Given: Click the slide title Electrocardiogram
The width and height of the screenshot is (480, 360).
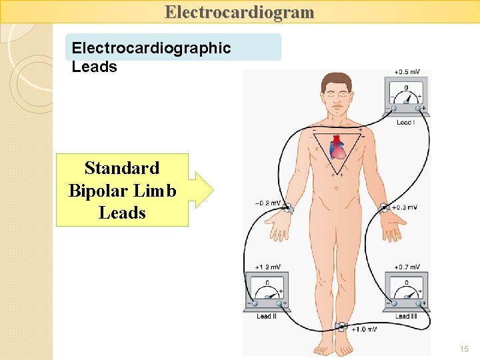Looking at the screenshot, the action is coord(239,12).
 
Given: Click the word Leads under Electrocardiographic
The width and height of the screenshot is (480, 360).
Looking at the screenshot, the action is coord(94,67).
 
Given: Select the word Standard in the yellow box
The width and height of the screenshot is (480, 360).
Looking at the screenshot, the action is coord(122,167).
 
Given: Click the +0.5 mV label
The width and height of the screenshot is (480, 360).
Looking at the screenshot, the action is coord(406,72).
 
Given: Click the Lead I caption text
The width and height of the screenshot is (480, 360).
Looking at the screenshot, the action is coord(405,123).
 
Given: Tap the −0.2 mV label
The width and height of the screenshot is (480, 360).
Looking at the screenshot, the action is coord(267,203).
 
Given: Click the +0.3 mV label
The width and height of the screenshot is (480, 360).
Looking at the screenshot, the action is coord(404,207).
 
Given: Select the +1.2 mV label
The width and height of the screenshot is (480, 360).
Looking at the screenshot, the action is coord(268,267).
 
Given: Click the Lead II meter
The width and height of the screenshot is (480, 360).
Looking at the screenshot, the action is coord(267,291).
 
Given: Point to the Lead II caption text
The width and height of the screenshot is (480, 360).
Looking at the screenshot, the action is coord(266,316).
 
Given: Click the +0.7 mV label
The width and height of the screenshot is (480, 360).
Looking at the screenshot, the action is coord(407,267).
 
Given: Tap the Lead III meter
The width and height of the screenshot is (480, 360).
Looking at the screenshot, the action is coord(406,291).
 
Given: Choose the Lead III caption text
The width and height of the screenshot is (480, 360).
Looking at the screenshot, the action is coord(406,316).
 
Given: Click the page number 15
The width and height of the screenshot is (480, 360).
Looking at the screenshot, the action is coord(464,349).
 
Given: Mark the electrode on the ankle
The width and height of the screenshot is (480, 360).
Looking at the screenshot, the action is coord(342,327).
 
